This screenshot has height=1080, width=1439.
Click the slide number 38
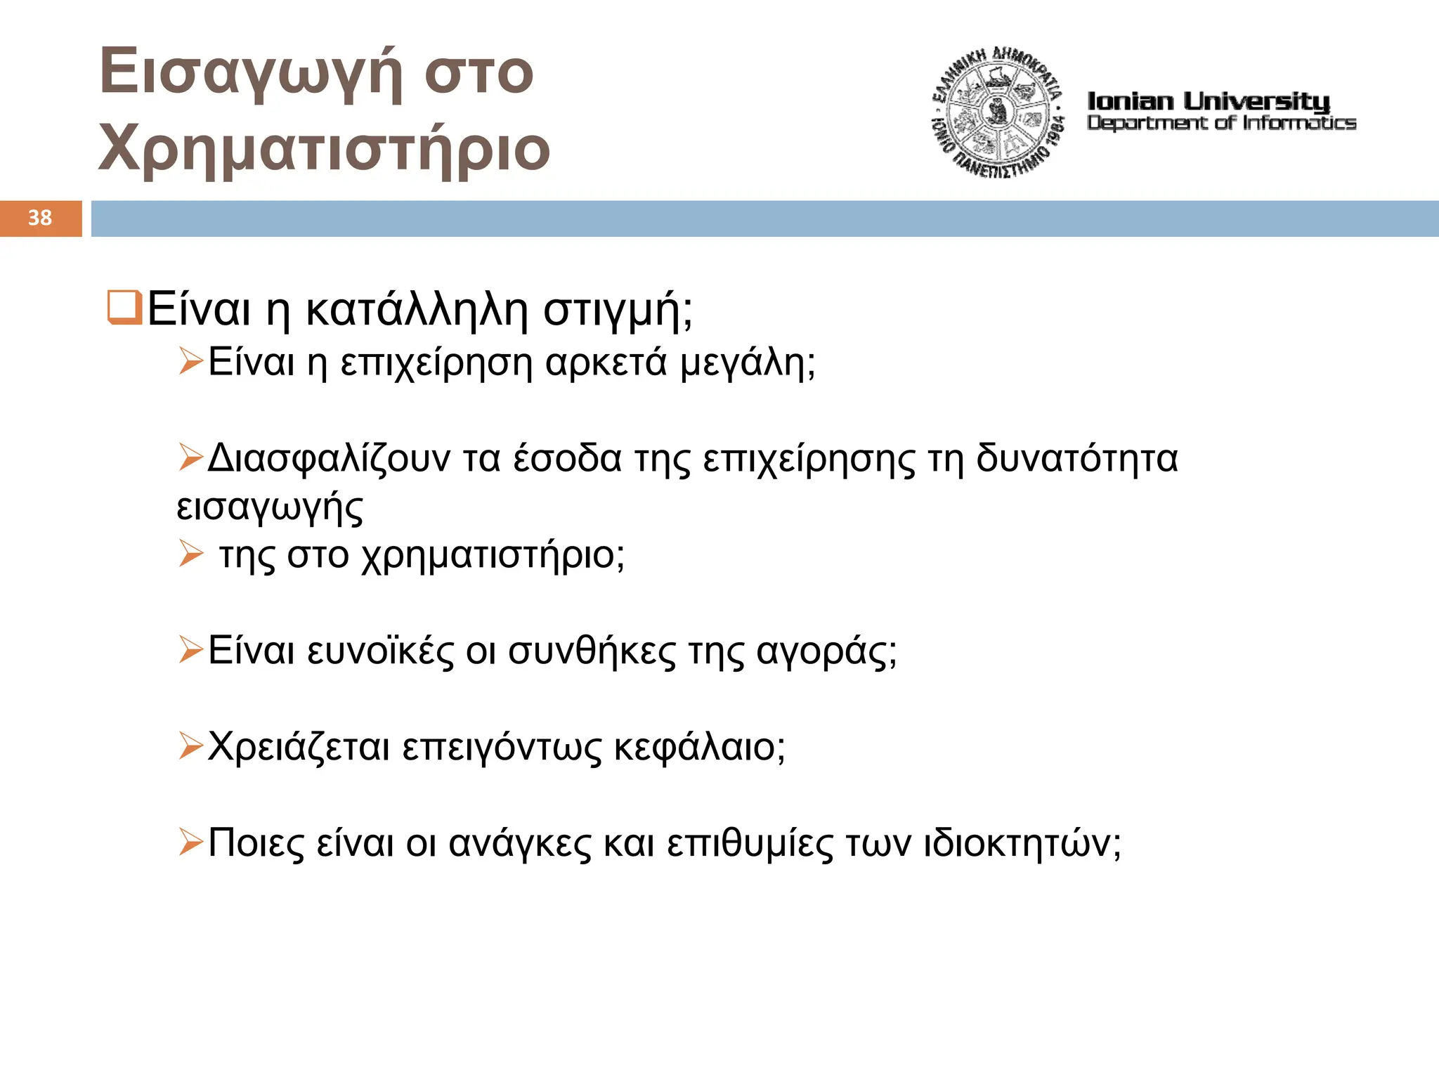point(40,218)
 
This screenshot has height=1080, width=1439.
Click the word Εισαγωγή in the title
point(251,72)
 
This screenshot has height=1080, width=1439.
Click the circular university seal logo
point(997,112)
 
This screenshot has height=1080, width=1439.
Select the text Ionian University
point(1209,101)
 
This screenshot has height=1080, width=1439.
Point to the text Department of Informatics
point(1221,124)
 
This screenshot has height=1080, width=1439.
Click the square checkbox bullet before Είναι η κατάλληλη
point(124,308)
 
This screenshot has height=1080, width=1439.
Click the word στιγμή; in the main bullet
point(618,311)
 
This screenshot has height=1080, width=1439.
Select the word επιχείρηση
point(436,363)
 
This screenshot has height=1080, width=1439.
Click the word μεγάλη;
point(748,364)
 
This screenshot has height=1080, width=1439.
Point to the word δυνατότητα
point(1076,459)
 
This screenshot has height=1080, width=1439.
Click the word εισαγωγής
point(270,508)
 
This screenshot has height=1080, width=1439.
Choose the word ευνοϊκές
point(381,651)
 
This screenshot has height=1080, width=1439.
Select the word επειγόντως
point(502,748)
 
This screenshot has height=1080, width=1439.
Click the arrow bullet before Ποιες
point(190,842)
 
